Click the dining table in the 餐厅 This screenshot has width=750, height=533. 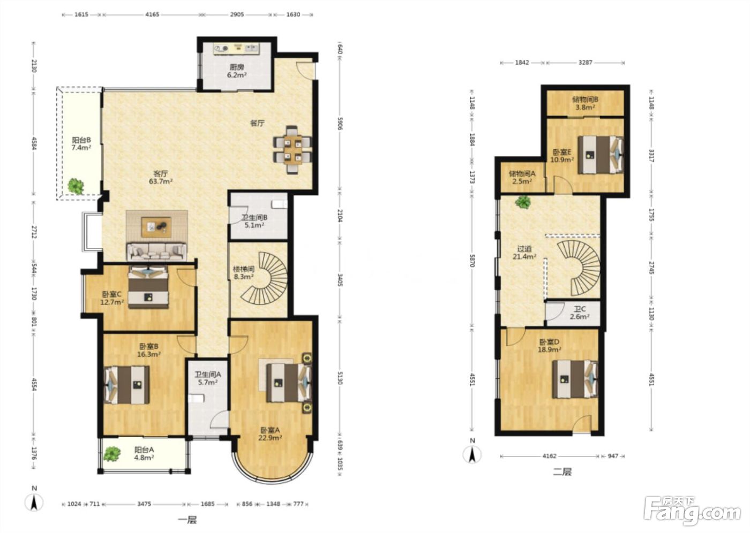[292, 150]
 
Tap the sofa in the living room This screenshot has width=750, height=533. [156, 252]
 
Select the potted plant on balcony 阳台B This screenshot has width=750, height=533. [76, 186]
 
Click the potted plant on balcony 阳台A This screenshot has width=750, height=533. [112, 454]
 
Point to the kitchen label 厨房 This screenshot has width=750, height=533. [237, 67]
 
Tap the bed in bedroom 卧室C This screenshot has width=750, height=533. [148, 287]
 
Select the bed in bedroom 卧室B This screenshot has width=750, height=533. [127, 385]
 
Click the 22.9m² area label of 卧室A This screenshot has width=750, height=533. [270, 438]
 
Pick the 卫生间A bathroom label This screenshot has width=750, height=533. [208, 375]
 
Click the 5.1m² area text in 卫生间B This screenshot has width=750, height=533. [254, 225]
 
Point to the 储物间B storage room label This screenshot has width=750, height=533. [585, 100]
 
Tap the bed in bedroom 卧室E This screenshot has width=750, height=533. [601, 155]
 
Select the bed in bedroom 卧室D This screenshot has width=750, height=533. [575, 379]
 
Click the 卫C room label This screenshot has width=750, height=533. [580, 309]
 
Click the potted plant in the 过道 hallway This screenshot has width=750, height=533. [523, 202]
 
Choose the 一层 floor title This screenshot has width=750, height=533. [187, 520]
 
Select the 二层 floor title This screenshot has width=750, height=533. [562, 472]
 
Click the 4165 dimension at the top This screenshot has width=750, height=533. [152, 14]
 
